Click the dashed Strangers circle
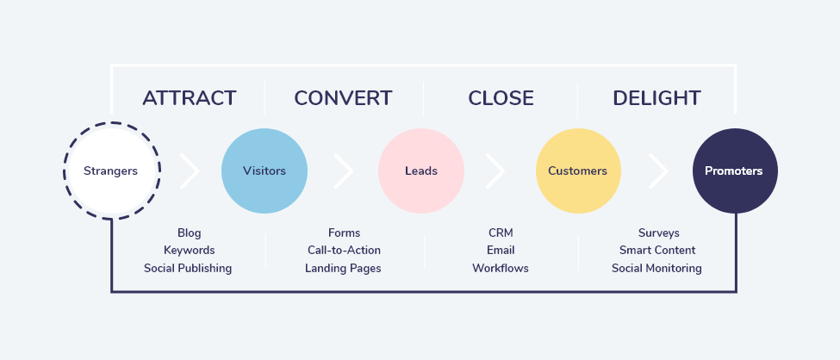tap(110, 171)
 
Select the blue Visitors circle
tap(264, 171)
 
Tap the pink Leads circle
tap(421, 171)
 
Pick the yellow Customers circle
tap(577, 171)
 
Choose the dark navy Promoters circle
tap(734, 171)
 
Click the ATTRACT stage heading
tap(189, 98)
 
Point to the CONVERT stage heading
tap(343, 98)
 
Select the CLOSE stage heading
tap(501, 98)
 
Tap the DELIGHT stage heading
tap(656, 98)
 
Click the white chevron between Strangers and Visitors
tap(190, 171)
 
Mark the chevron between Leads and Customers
tap(495, 171)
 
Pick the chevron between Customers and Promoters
tap(659, 171)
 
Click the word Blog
tap(189, 233)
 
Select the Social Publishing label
tap(188, 268)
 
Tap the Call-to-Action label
tap(344, 251)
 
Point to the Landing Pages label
tap(343, 268)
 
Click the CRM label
tap(501, 233)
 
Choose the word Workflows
tap(501, 268)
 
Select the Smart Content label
tap(657, 251)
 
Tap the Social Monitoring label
tap(656, 268)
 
